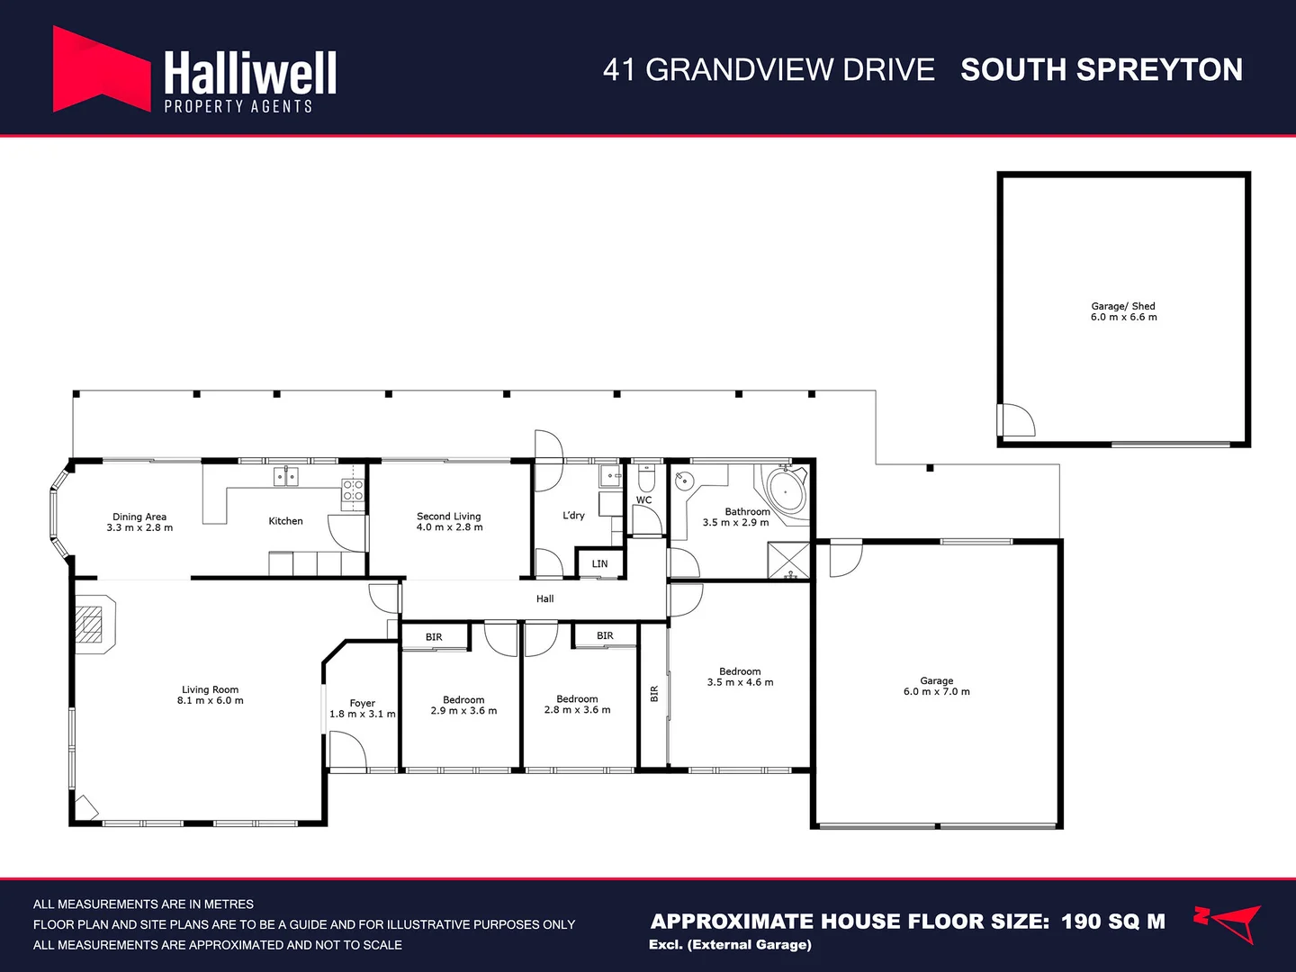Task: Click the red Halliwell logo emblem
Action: pyautogui.click(x=101, y=70)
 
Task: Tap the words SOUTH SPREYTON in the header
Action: pyautogui.click(x=1101, y=70)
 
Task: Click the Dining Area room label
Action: pyautogui.click(x=139, y=517)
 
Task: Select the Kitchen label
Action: pyautogui.click(x=285, y=521)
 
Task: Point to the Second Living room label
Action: pyautogui.click(x=448, y=517)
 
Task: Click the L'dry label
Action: pyautogui.click(x=573, y=516)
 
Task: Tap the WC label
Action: pyautogui.click(x=643, y=500)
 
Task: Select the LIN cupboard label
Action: pyautogui.click(x=599, y=564)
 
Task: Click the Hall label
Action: pyautogui.click(x=544, y=598)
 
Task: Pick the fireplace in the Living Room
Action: pyautogui.click(x=93, y=622)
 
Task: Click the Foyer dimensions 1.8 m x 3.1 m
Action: pyautogui.click(x=362, y=715)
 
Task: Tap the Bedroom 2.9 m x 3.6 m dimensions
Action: pyautogui.click(x=463, y=711)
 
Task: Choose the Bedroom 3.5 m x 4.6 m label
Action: pyautogui.click(x=740, y=671)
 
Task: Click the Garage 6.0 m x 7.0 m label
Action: pyautogui.click(x=936, y=681)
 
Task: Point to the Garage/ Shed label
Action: pyautogui.click(x=1122, y=306)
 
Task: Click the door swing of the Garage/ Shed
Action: pyautogui.click(x=1017, y=419)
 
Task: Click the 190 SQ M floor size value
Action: pyautogui.click(x=1112, y=922)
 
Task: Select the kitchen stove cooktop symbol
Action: pyautogui.click(x=353, y=490)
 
